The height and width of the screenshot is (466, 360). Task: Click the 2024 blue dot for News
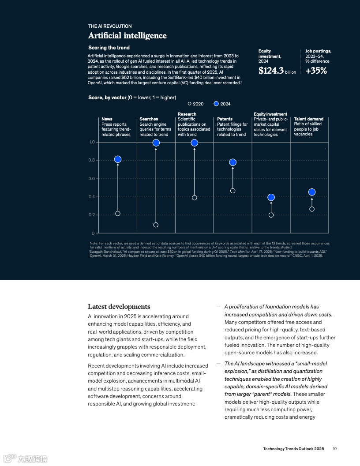118,159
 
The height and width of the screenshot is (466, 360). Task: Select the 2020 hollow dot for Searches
156,225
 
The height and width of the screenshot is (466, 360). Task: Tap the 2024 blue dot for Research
194,143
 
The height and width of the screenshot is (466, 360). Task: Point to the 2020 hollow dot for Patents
233,191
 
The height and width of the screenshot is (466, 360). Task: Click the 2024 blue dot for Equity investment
271,197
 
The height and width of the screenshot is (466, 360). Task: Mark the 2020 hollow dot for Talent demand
312,209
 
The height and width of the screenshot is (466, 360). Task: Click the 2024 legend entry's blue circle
216,104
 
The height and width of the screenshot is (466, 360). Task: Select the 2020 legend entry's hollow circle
190,104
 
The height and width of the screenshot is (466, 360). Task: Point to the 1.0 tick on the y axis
92,142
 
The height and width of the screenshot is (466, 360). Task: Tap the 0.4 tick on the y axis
92,197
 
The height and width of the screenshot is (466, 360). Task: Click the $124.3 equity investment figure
271,71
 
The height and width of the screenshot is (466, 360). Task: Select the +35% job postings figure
316,71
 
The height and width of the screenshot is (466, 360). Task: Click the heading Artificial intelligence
127,36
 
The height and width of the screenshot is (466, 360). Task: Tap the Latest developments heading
119,307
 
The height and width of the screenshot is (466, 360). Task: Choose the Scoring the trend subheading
109,48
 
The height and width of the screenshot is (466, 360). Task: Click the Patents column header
225,119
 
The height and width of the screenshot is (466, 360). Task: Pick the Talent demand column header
309,119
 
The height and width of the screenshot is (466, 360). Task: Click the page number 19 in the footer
335,448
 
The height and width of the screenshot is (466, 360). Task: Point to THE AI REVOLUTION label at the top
110,26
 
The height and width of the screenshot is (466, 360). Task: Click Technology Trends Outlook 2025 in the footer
293,448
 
